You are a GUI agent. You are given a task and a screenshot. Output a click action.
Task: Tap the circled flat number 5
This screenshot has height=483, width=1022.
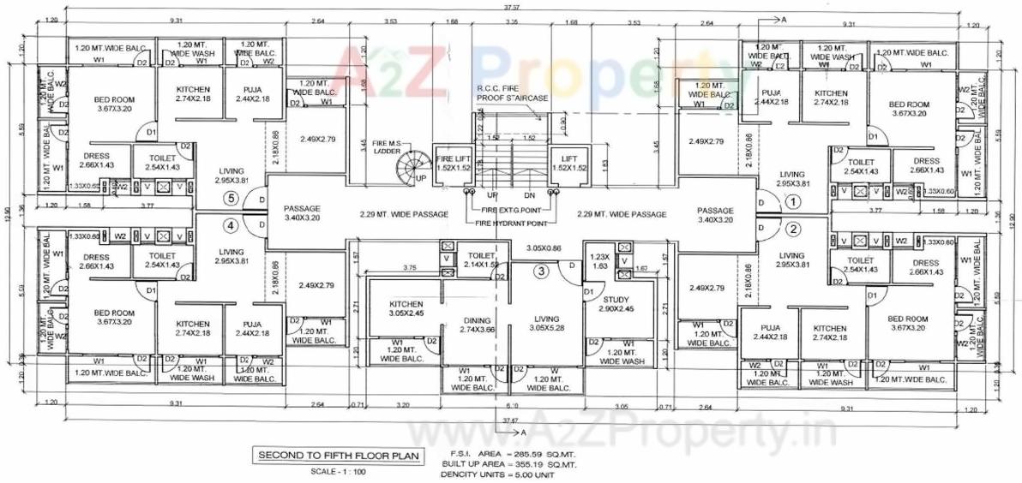click(x=229, y=198)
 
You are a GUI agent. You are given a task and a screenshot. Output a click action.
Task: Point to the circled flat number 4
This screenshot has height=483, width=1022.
click(x=229, y=226)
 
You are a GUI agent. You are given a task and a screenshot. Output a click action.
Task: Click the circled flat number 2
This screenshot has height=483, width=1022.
click(x=793, y=229)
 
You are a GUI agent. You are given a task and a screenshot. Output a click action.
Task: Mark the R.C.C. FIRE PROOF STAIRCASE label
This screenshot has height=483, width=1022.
click(x=512, y=93)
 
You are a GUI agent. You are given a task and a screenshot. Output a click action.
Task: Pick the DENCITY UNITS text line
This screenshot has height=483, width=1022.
click(x=498, y=474)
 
